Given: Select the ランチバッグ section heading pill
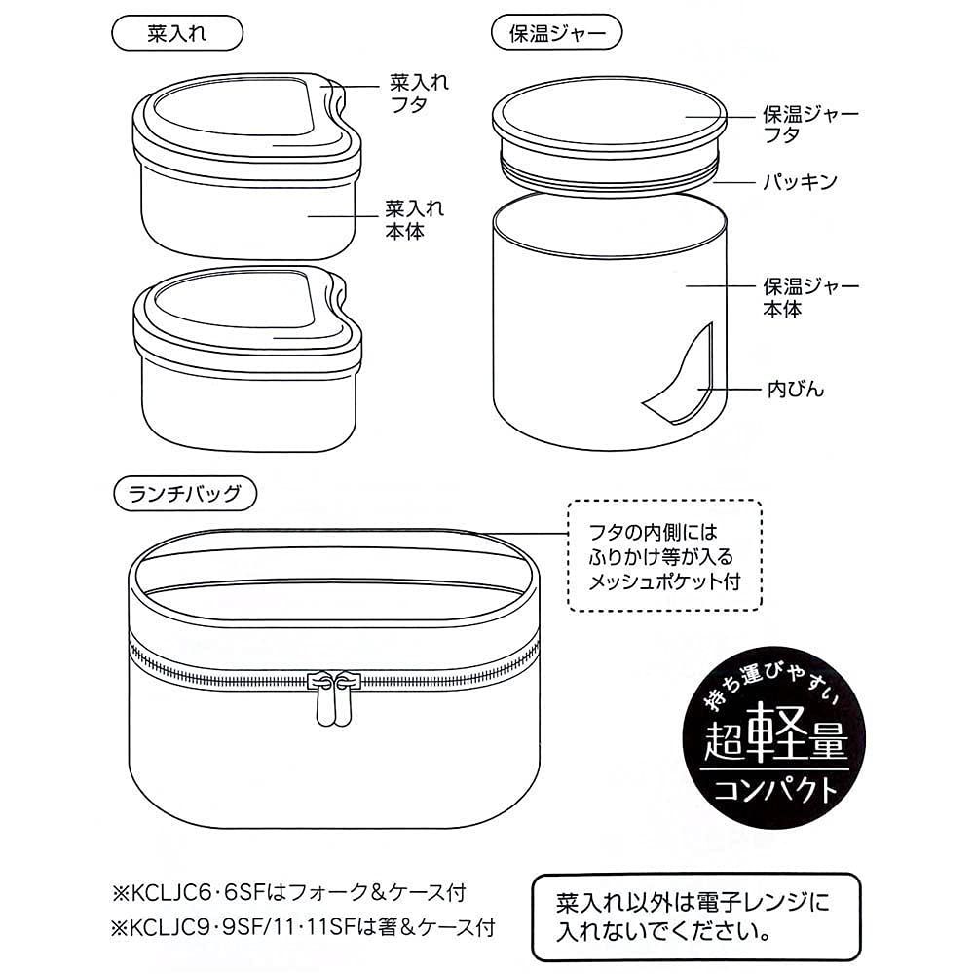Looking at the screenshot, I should point(185,492).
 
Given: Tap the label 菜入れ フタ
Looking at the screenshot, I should point(418,94).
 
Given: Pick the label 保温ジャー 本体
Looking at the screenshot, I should point(809,298).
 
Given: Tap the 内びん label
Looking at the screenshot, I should point(794,390).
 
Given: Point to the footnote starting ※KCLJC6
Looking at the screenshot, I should point(292,890).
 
